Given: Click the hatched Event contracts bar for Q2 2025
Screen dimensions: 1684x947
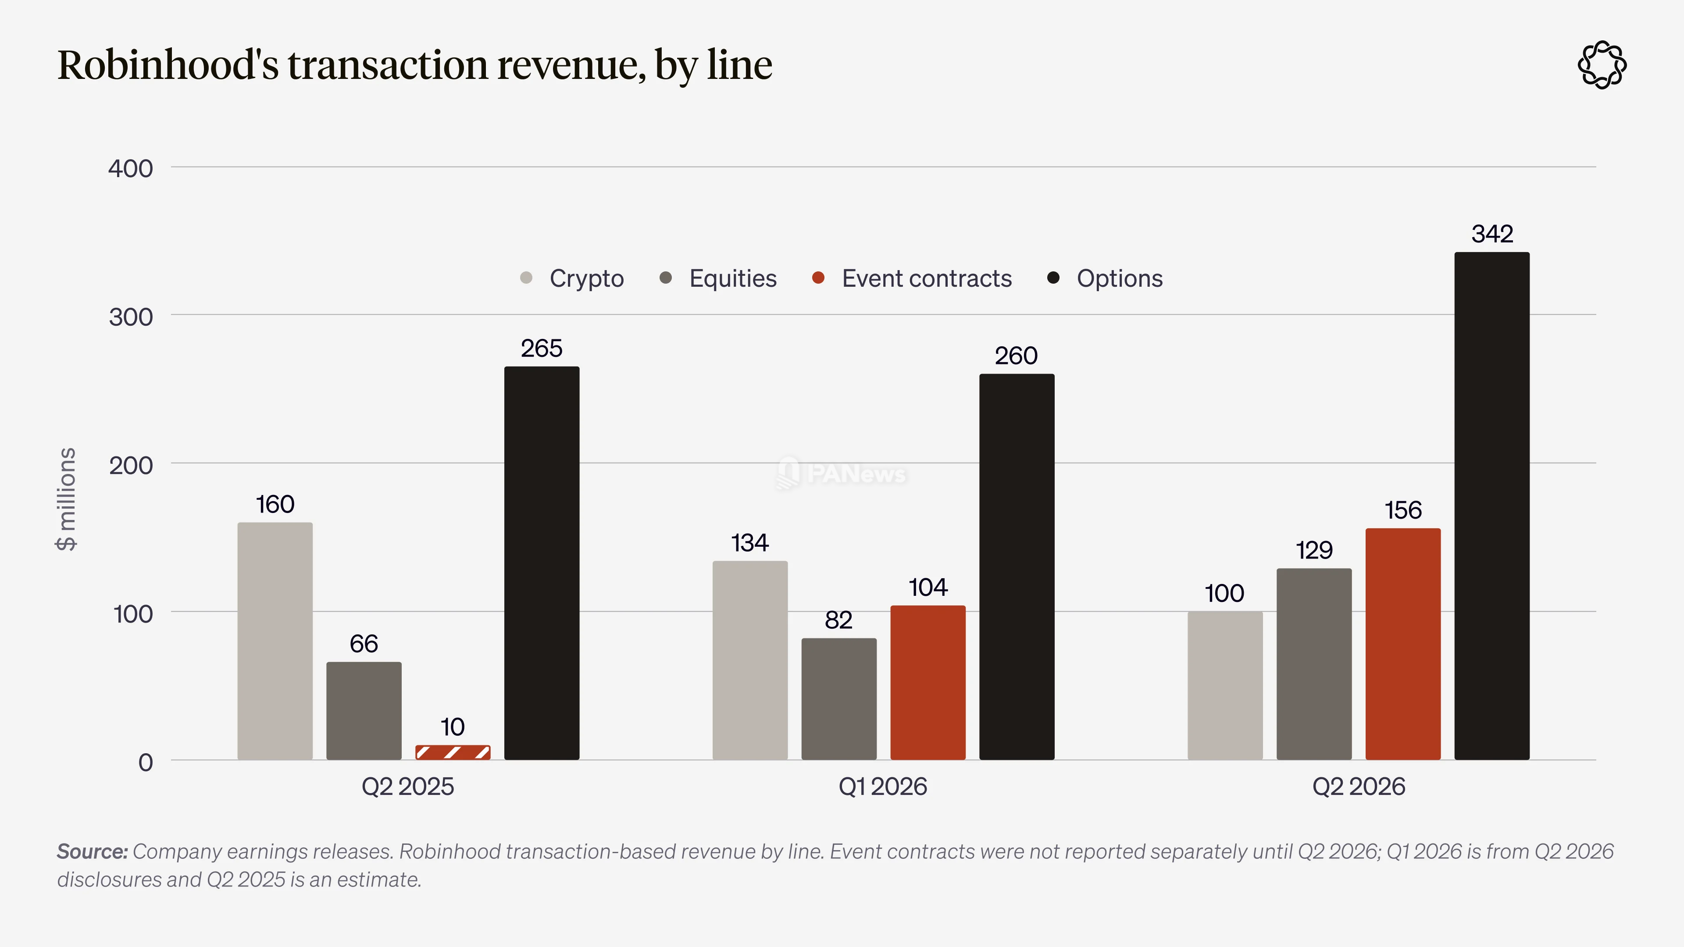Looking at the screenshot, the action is click(x=453, y=752).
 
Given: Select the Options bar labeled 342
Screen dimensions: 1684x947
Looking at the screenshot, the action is click(x=1492, y=506).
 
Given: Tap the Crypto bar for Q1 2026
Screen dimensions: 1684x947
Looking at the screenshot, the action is click(x=750, y=660).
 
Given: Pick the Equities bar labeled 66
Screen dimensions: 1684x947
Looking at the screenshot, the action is click(x=364, y=711).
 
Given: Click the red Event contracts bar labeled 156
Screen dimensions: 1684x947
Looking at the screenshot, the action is click(x=1403, y=644).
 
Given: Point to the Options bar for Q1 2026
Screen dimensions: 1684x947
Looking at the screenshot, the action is click(x=1017, y=566).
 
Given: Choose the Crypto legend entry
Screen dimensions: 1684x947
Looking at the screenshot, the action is click(x=572, y=278).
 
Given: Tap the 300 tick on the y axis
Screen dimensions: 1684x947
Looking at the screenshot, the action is click(x=131, y=317).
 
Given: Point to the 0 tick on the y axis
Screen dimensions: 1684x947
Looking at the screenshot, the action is click(x=146, y=762).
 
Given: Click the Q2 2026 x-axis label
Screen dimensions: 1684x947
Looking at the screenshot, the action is click(x=1359, y=786).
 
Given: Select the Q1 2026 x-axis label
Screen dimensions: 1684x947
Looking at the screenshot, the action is click(x=882, y=786).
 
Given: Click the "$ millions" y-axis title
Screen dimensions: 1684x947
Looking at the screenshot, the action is click(x=67, y=499).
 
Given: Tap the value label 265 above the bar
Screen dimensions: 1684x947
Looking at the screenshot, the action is click(x=541, y=349).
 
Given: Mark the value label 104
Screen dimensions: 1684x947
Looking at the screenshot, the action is click(x=928, y=587).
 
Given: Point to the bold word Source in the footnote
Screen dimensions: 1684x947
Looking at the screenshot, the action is click(x=92, y=851).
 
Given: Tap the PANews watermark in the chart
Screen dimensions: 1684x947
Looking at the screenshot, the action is click(x=842, y=473).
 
